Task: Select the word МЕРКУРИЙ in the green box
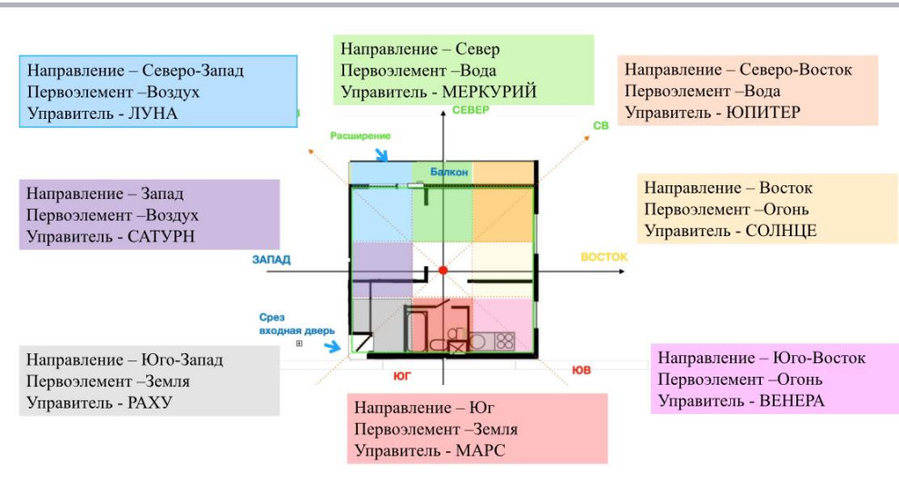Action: coord(489,92)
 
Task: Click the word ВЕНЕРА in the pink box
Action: coord(789,400)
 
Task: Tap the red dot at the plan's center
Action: coord(443,271)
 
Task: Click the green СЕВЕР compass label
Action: coord(470,111)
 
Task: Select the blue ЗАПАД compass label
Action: coord(272,260)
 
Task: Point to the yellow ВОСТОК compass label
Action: coord(604,257)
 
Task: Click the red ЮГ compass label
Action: coord(402,374)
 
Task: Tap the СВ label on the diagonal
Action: coord(600,126)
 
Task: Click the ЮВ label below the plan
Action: coord(581,370)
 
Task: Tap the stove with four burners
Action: coord(504,341)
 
